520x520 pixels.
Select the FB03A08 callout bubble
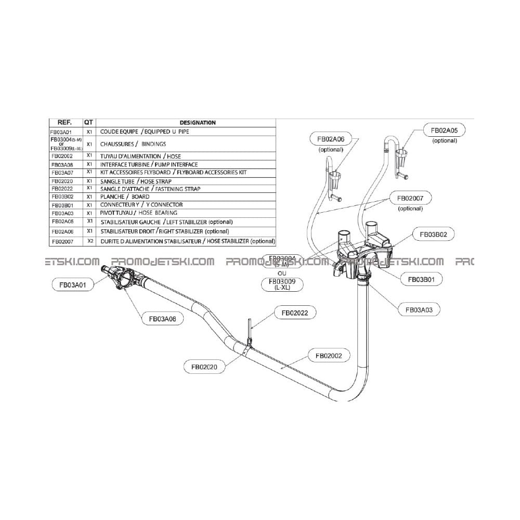point(163,320)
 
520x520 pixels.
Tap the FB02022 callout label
point(295,313)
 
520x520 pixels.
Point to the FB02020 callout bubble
point(204,367)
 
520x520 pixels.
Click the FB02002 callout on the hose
point(329,356)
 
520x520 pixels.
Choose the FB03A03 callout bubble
point(419,309)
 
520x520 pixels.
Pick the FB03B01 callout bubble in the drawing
point(421,279)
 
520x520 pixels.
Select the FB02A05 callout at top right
point(445,130)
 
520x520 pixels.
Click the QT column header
point(89,123)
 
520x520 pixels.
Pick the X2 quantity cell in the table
point(89,241)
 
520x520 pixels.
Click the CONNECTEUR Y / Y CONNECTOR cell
point(141,205)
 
